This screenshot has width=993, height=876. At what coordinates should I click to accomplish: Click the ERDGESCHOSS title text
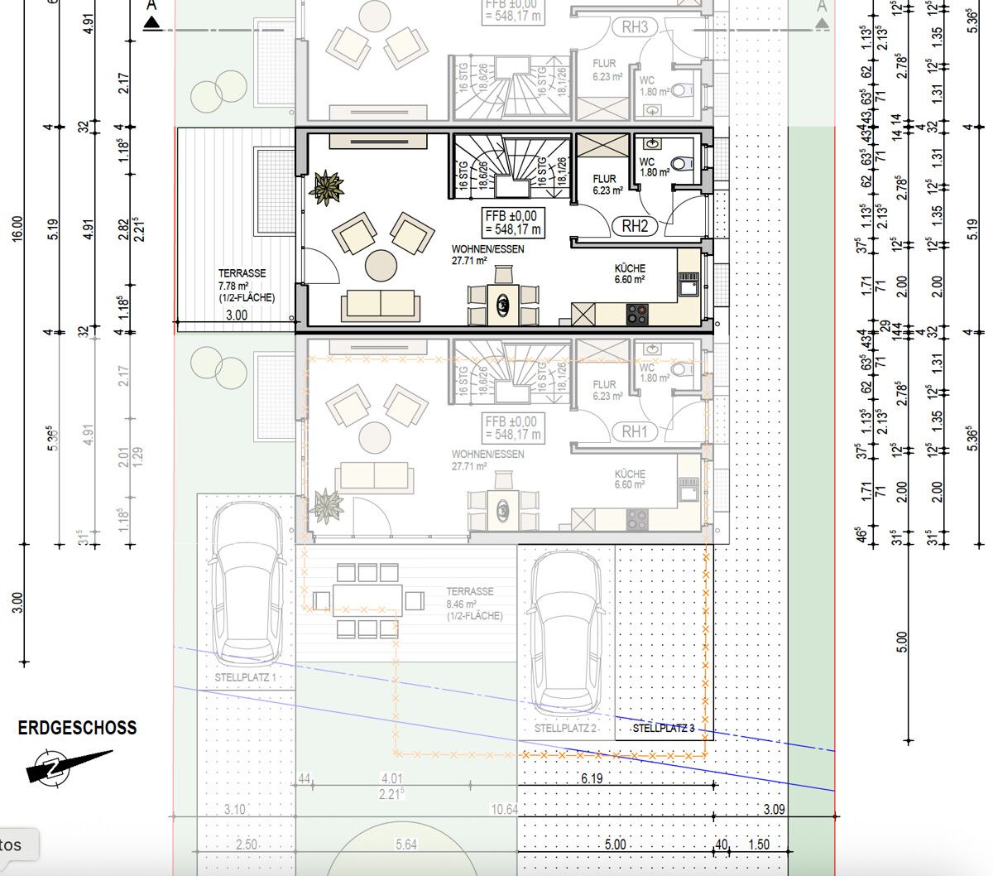77,728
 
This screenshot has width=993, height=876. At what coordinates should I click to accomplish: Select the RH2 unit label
635,225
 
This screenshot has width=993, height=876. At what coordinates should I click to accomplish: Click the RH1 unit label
635,431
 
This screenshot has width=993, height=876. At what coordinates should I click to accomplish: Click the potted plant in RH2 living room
326,188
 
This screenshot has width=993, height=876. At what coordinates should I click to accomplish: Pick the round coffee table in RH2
382,266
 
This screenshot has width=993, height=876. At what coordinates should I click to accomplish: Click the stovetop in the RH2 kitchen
637,314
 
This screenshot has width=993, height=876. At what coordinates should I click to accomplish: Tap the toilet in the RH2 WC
682,164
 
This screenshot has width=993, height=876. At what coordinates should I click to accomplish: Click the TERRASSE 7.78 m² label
246,285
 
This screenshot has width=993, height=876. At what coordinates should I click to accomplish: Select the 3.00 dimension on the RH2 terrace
237,315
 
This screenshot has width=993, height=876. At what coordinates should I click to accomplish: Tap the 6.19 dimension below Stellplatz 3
592,778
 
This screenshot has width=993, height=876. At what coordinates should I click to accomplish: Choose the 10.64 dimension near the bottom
504,809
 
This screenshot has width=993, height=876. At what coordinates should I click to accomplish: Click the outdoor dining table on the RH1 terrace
367,598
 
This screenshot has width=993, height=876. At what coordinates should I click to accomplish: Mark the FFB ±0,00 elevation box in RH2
513,222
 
